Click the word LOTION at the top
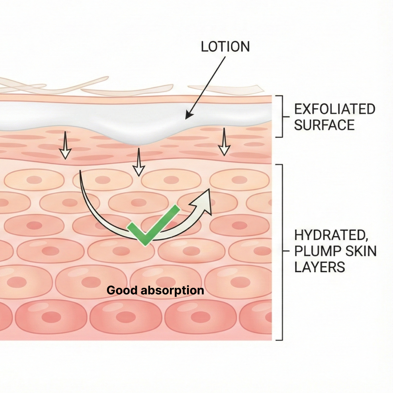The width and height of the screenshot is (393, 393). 225,47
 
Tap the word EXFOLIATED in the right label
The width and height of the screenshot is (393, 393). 334,109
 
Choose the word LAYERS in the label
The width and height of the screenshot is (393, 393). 319,267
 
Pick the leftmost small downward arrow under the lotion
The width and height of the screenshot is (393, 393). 65,146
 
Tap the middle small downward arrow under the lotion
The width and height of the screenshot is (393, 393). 138,163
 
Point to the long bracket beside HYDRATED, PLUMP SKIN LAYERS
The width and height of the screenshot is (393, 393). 281,252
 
